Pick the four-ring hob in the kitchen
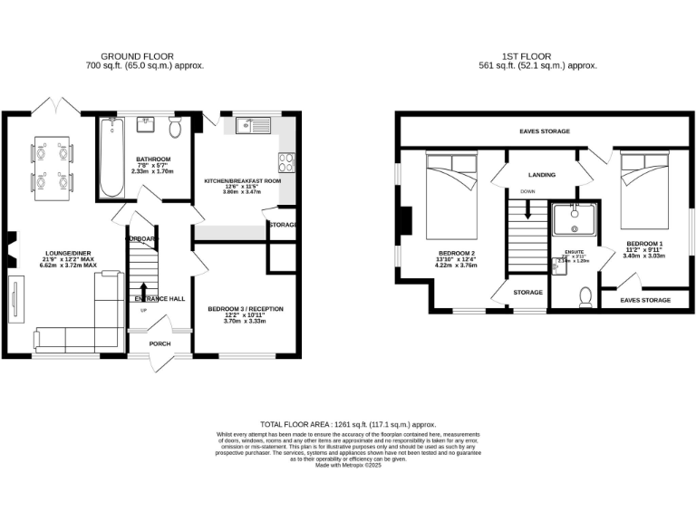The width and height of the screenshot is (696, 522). pos(285,162)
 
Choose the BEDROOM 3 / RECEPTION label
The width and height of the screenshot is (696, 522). pos(246,309)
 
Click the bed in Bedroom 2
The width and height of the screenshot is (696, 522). pos(449,194)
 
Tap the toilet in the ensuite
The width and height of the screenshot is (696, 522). pos(585,296)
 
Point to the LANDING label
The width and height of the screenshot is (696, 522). pos(541,175)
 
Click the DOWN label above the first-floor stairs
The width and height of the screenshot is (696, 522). pos(527,192)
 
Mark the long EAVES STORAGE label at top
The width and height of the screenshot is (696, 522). pos(545,131)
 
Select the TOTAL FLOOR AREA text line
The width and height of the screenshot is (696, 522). pos(348,424)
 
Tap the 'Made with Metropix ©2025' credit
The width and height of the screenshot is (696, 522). pos(348,465)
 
